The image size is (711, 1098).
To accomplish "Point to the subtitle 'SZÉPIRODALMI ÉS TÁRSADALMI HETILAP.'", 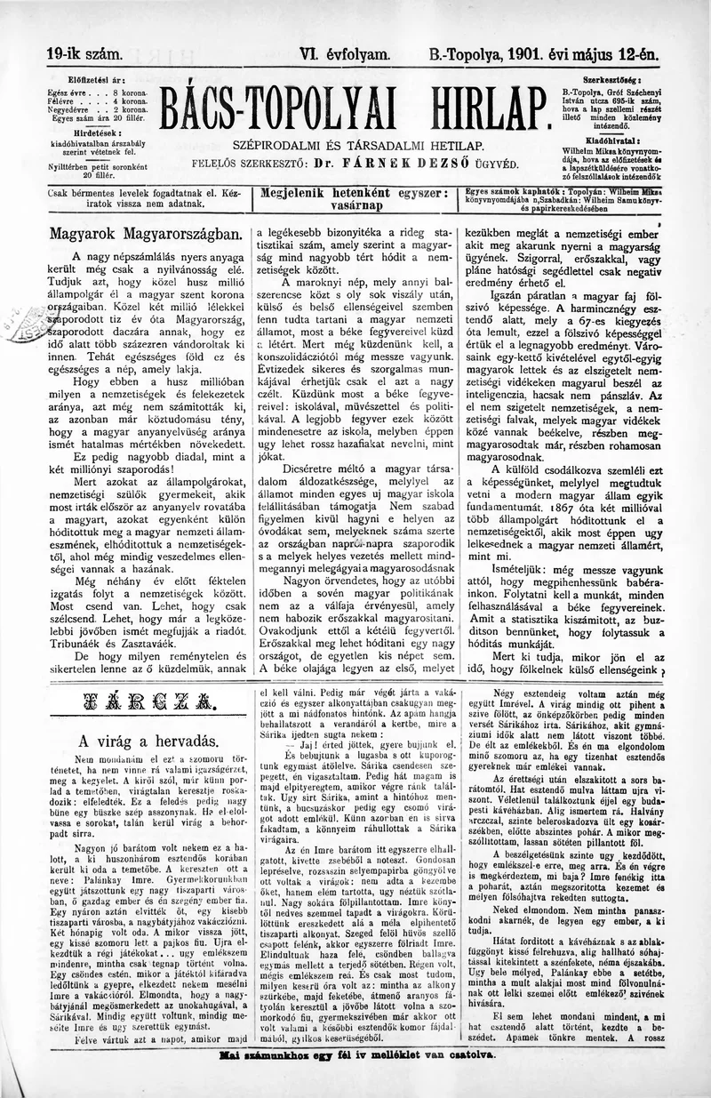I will tap(358, 146).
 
